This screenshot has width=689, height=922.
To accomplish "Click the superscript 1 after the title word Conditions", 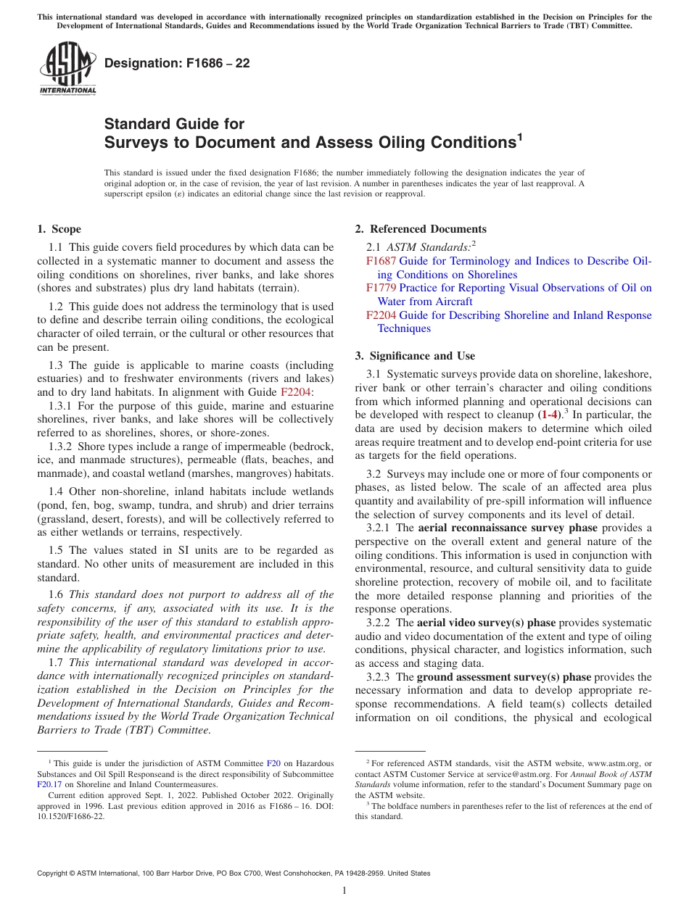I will pos(519,136).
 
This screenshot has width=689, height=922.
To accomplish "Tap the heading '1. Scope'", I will pos(59,229).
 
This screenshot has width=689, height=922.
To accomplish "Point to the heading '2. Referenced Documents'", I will pos(420,229).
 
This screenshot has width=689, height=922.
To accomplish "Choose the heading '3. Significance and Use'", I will pos(415,356).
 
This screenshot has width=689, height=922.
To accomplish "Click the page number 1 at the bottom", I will pos(344,891).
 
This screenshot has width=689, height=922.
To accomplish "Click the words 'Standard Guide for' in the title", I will pos(174,124).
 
